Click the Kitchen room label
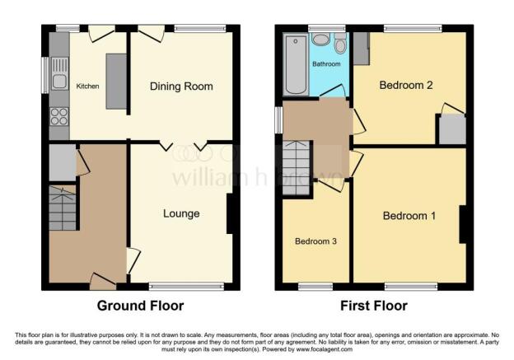[x=88, y=85]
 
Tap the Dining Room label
[x=181, y=86]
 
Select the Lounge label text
[x=181, y=214]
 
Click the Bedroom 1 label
[x=409, y=217]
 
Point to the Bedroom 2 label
[x=405, y=85]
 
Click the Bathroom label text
[x=326, y=63]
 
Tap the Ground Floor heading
[x=140, y=306]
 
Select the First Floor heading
[x=374, y=306]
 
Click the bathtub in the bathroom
[x=293, y=65]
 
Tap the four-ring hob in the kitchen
[x=59, y=116]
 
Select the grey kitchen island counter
[x=115, y=81]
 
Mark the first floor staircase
[x=296, y=168]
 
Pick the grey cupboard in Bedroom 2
[x=451, y=130]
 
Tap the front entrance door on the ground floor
[x=102, y=283]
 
